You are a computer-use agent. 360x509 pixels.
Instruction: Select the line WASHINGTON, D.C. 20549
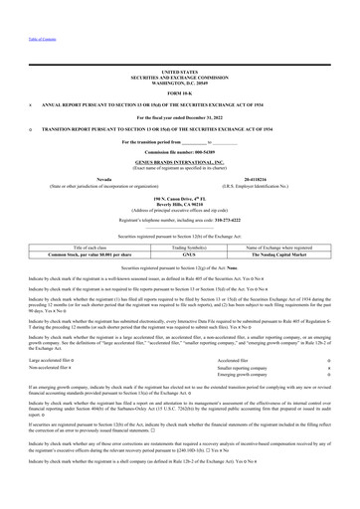[x=179, y=83]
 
